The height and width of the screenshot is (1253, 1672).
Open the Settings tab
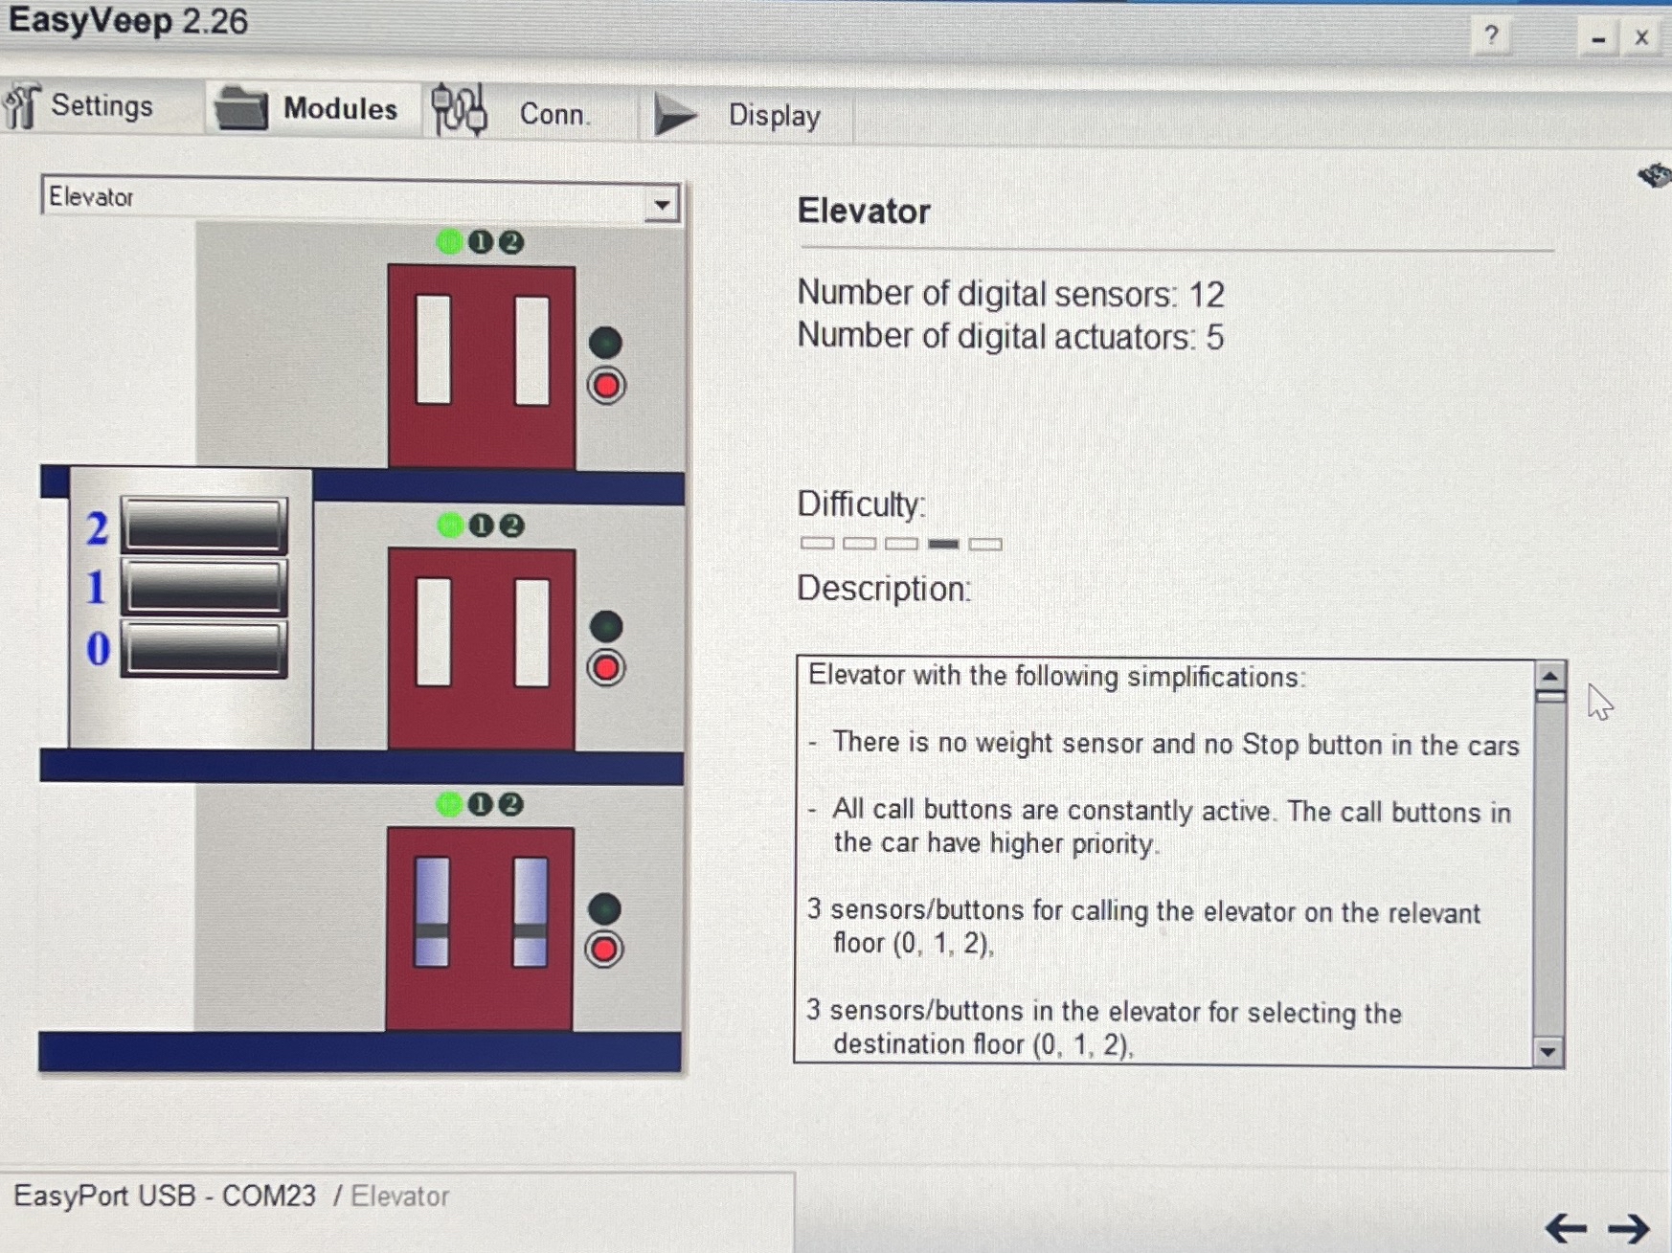click(x=80, y=105)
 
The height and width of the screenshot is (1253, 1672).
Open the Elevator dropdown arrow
click(x=662, y=204)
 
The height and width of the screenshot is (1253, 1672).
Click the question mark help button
click(x=1491, y=36)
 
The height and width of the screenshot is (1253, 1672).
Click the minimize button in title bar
click(x=1597, y=39)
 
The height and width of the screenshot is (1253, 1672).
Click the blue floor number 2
click(x=97, y=528)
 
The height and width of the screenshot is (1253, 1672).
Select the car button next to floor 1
click(x=204, y=586)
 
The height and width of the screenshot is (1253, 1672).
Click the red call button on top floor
click(x=606, y=386)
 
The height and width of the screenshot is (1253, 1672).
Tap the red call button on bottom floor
click(x=604, y=950)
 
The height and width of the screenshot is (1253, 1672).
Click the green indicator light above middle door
click(x=449, y=525)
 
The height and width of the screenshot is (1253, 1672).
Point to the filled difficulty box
click(x=943, y=544)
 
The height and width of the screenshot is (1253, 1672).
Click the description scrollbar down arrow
click(x=1548, y=1051)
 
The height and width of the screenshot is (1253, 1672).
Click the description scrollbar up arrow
click(x=1549, y=676)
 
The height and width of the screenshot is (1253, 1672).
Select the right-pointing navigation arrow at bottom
click(x=1629, y=1227)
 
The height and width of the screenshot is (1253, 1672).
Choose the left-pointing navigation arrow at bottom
click(x=1566, y=1227)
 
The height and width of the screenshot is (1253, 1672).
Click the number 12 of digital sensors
click(x=1207, y=295)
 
